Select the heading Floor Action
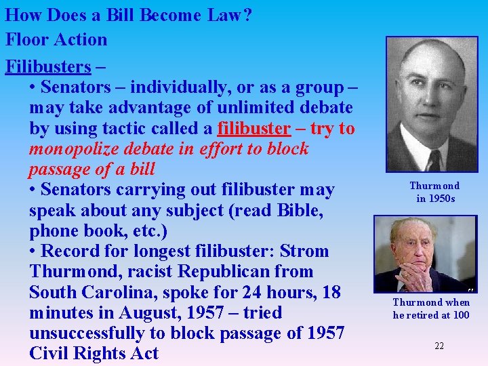pyautogui.click(x=56, y=39)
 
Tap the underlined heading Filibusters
pyautogui.click(x=48, y=66)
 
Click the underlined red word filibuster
pyautogui.click(x=253, y=128)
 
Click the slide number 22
pyautogui.click(x=439, y=346)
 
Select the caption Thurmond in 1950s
pyautogui.click(x=434, y=192)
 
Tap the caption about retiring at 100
pyautogui.click(x=432, y=308)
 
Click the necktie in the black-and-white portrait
pyautogui.click(x=433, y=159)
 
